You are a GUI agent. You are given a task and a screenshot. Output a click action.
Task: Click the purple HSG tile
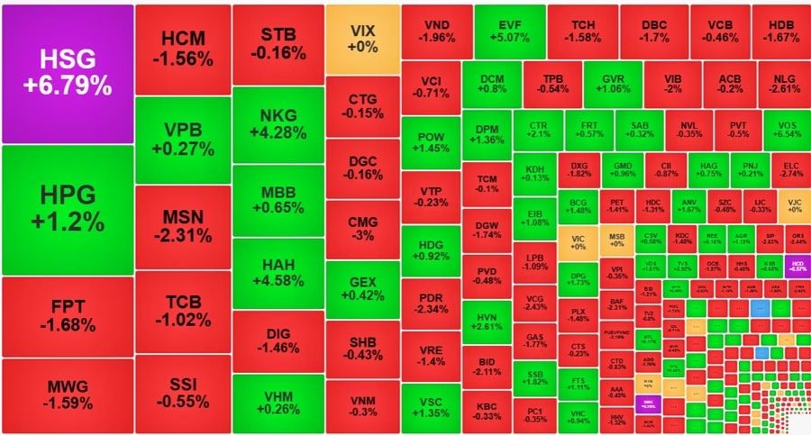68,74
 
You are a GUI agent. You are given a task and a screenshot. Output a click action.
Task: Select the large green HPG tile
68,210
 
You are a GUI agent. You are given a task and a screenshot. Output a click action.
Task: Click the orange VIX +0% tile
362,39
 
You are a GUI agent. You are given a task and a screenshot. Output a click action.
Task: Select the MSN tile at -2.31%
183,227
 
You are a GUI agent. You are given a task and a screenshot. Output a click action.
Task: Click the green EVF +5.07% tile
509,32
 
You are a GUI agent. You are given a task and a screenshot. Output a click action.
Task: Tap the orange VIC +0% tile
578,240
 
